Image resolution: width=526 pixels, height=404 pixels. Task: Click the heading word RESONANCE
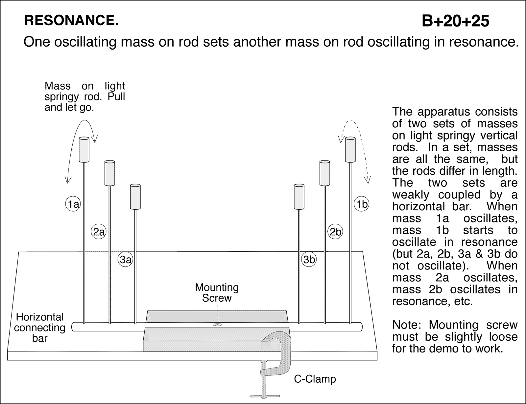pos(71,21)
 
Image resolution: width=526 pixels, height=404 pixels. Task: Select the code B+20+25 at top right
pos(455,21)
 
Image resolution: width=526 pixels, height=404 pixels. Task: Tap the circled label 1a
pos(73,204)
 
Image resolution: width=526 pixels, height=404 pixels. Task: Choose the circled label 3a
pos(125,260)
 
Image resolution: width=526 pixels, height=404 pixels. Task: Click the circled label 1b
pos(362,204)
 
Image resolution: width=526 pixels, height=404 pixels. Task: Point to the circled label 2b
pos(335,232)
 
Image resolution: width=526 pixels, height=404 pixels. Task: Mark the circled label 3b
pos(309,260)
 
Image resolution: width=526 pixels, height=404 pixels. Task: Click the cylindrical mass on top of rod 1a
pos(84,150)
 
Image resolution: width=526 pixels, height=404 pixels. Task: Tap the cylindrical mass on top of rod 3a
pos(135,197)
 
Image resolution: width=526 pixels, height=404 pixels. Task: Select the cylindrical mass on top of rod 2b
pos(324,173)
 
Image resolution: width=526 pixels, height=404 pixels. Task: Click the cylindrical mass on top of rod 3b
pos(299,197)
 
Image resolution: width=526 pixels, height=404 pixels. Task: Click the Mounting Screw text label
pos(217,292)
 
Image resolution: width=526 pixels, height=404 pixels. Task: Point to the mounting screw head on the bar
pos(217,325)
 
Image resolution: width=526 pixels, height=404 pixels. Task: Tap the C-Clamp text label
pos(315,379)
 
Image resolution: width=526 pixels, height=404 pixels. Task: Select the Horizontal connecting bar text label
pos(40,327)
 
